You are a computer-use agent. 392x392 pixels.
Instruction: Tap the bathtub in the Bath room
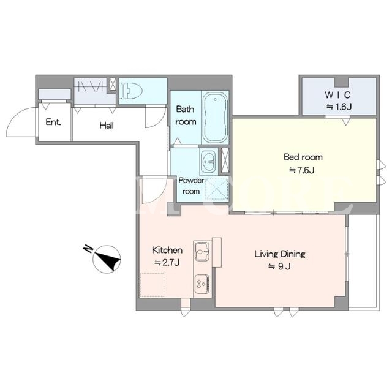click(215, 118)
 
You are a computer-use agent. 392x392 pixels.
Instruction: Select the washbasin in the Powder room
click(208, 161)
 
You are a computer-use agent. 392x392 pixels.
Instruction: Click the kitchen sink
click(203, 251)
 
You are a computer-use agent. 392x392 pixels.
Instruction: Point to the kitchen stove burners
click(202, 284)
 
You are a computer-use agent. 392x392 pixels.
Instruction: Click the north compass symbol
click(107, 259)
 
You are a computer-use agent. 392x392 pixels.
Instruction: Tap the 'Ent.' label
click(53, 122)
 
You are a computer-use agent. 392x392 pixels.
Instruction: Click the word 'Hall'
click(107, 125)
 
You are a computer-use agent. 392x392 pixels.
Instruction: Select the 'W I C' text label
click(337, 95)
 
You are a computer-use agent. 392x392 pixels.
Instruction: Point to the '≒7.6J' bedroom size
click(302, 170)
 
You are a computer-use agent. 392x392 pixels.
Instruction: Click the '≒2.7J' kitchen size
click(167, 263)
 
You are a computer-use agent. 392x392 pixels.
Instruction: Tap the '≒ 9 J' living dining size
click(279, 266)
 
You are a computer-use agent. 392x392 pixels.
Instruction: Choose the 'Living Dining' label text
click(280, 254)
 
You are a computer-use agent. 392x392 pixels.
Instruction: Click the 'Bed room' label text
click(303, 157)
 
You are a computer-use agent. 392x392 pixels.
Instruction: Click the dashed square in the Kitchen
click(152, 285)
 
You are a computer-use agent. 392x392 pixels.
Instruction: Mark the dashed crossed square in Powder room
click(216, 189)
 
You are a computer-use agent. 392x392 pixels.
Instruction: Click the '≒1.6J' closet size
click(339, 107)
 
